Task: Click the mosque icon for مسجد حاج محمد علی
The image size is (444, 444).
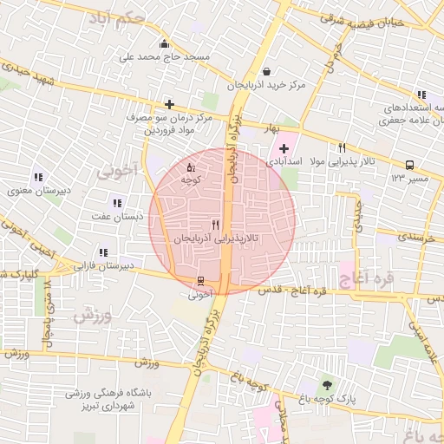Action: [x=164, y=44]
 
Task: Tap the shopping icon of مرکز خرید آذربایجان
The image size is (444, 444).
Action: [x=265, y=71]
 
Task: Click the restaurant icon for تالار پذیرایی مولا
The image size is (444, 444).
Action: [x=343, y=148]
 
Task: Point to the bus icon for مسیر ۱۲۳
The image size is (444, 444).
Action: [x=409, y=165]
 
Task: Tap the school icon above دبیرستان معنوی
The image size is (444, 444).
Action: [x=37, y=177]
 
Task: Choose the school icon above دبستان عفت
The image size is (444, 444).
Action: [x=117, y=204]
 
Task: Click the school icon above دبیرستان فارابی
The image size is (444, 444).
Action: [x=103, y=252]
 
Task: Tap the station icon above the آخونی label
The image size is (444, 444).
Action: [x=201, y=281]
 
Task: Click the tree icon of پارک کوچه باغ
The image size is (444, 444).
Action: [x=327, y=385]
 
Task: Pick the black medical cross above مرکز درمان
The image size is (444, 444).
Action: [x=169, y=104]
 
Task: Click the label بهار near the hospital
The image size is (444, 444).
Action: [x=274, y=128]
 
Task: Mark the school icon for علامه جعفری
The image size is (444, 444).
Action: [x=421, y=95]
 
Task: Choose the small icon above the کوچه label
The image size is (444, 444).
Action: [x=191, y=167]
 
